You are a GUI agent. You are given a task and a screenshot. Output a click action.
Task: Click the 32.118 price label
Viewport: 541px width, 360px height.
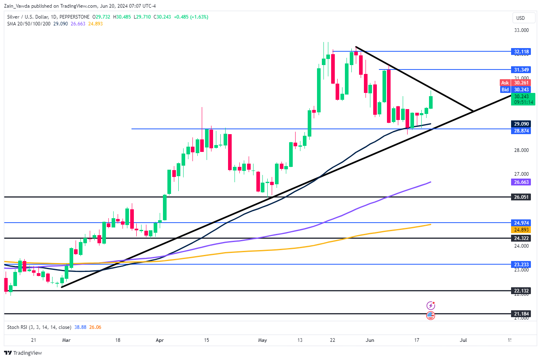pos(522,52)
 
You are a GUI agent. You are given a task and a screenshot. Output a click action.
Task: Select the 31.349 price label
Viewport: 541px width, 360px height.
pos(522,70)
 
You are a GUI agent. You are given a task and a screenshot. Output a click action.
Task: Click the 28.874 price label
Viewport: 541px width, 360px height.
pos(522,131)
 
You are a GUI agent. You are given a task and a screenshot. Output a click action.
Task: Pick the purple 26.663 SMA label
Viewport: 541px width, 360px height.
pos(522,182)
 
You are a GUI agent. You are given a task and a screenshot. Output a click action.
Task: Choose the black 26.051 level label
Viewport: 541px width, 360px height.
pos(522,197)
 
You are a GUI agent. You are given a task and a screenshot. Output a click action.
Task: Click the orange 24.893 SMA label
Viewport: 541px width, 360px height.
pos(522,229)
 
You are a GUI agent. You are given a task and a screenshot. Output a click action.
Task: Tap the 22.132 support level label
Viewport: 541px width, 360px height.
pos(522,291)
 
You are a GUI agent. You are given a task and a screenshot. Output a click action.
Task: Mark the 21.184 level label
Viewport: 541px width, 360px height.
pos(522,314)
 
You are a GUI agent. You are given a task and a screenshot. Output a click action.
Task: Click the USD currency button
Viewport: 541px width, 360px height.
pos(520,18)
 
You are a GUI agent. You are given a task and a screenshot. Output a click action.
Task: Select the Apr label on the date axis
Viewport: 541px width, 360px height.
pos(160,340)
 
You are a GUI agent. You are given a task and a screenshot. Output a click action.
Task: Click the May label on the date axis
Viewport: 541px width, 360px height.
pos(263,340)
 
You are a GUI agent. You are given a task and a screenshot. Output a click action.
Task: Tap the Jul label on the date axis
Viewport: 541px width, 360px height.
pos(463,340)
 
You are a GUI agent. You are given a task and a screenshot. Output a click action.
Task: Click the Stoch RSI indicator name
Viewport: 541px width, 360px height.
pos(21,327)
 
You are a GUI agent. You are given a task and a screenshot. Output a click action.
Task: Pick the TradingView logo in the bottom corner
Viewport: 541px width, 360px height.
pos(24,353)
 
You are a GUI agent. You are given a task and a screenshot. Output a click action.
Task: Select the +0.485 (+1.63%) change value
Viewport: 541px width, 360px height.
pos(193,17)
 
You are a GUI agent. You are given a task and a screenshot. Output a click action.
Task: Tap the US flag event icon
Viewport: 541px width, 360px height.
pos(431,316)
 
